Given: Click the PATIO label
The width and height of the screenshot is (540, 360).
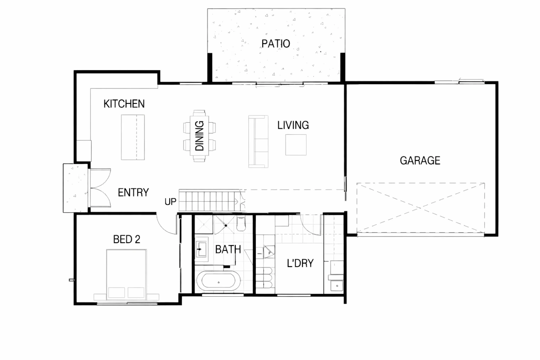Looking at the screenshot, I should [275, 44].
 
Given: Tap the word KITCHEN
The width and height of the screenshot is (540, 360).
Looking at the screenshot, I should [124, 104].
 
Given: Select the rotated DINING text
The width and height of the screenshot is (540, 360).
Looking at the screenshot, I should [199, 136].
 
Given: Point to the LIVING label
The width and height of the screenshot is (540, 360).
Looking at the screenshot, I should [293, 125].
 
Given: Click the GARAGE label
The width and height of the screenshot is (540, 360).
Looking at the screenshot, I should [420, 161].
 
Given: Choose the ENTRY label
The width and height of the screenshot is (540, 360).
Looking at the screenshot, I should [133, 193].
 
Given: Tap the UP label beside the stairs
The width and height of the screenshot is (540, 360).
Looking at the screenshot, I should [170, 202].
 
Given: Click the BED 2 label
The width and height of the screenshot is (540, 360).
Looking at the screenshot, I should [127, 239].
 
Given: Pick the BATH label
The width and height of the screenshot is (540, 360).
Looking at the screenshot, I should [228, 249].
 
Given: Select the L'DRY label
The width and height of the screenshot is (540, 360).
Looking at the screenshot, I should [300, 263].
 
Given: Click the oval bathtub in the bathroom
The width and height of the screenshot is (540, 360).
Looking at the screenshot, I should [218, 282].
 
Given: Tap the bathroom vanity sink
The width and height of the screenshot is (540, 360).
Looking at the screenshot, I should [201, 249].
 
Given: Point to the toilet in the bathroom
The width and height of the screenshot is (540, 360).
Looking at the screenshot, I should [241, 224].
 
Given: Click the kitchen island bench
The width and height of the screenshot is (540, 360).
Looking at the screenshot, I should [133, 137].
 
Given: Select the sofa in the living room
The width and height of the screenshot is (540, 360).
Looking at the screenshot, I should [258, 142].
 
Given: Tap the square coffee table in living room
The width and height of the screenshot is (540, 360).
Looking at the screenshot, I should [296, 145].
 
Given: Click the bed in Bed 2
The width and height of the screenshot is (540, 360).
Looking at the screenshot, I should [127, 274].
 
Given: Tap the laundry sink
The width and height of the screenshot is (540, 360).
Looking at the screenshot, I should [337, 286].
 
